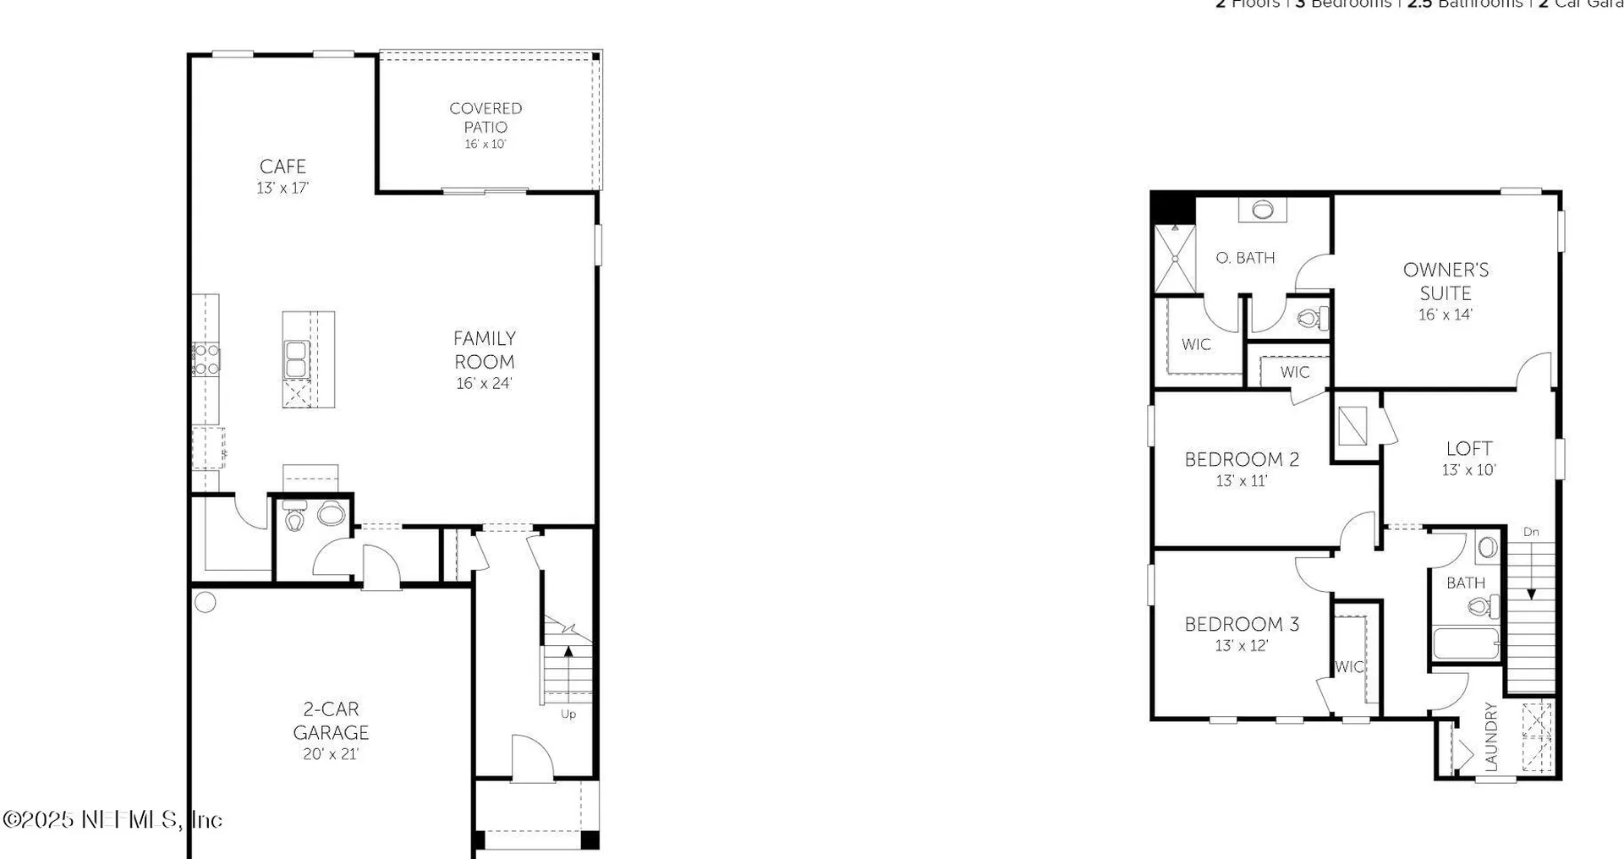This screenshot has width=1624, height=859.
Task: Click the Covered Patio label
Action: point(486,118)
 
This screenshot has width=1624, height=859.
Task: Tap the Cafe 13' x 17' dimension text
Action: point(283,188)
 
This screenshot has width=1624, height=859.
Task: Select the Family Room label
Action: point(484,350)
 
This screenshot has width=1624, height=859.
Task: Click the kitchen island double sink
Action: point(296,359)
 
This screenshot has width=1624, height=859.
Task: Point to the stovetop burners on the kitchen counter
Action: point(206,359)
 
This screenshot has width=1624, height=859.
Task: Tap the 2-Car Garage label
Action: point(331,720)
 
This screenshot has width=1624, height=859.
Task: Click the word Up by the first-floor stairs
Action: point(568,714)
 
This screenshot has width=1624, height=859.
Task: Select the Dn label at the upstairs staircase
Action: point(1531,532)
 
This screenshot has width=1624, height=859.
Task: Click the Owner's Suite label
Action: point(1446,282)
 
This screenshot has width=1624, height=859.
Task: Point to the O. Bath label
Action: point(1245,258)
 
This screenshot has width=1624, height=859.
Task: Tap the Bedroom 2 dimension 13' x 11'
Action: point(1241,481)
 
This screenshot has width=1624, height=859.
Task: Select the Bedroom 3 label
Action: point(1241,624)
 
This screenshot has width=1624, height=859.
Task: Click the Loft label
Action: point(1468,448)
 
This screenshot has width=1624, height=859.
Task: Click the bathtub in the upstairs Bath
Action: point(1465,643)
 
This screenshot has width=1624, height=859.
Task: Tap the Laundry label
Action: point(1491,737)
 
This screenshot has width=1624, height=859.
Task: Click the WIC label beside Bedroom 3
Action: point(1349,667)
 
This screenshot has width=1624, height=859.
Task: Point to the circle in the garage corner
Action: point(206,602)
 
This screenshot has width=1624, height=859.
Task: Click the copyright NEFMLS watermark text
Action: point(112,819)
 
